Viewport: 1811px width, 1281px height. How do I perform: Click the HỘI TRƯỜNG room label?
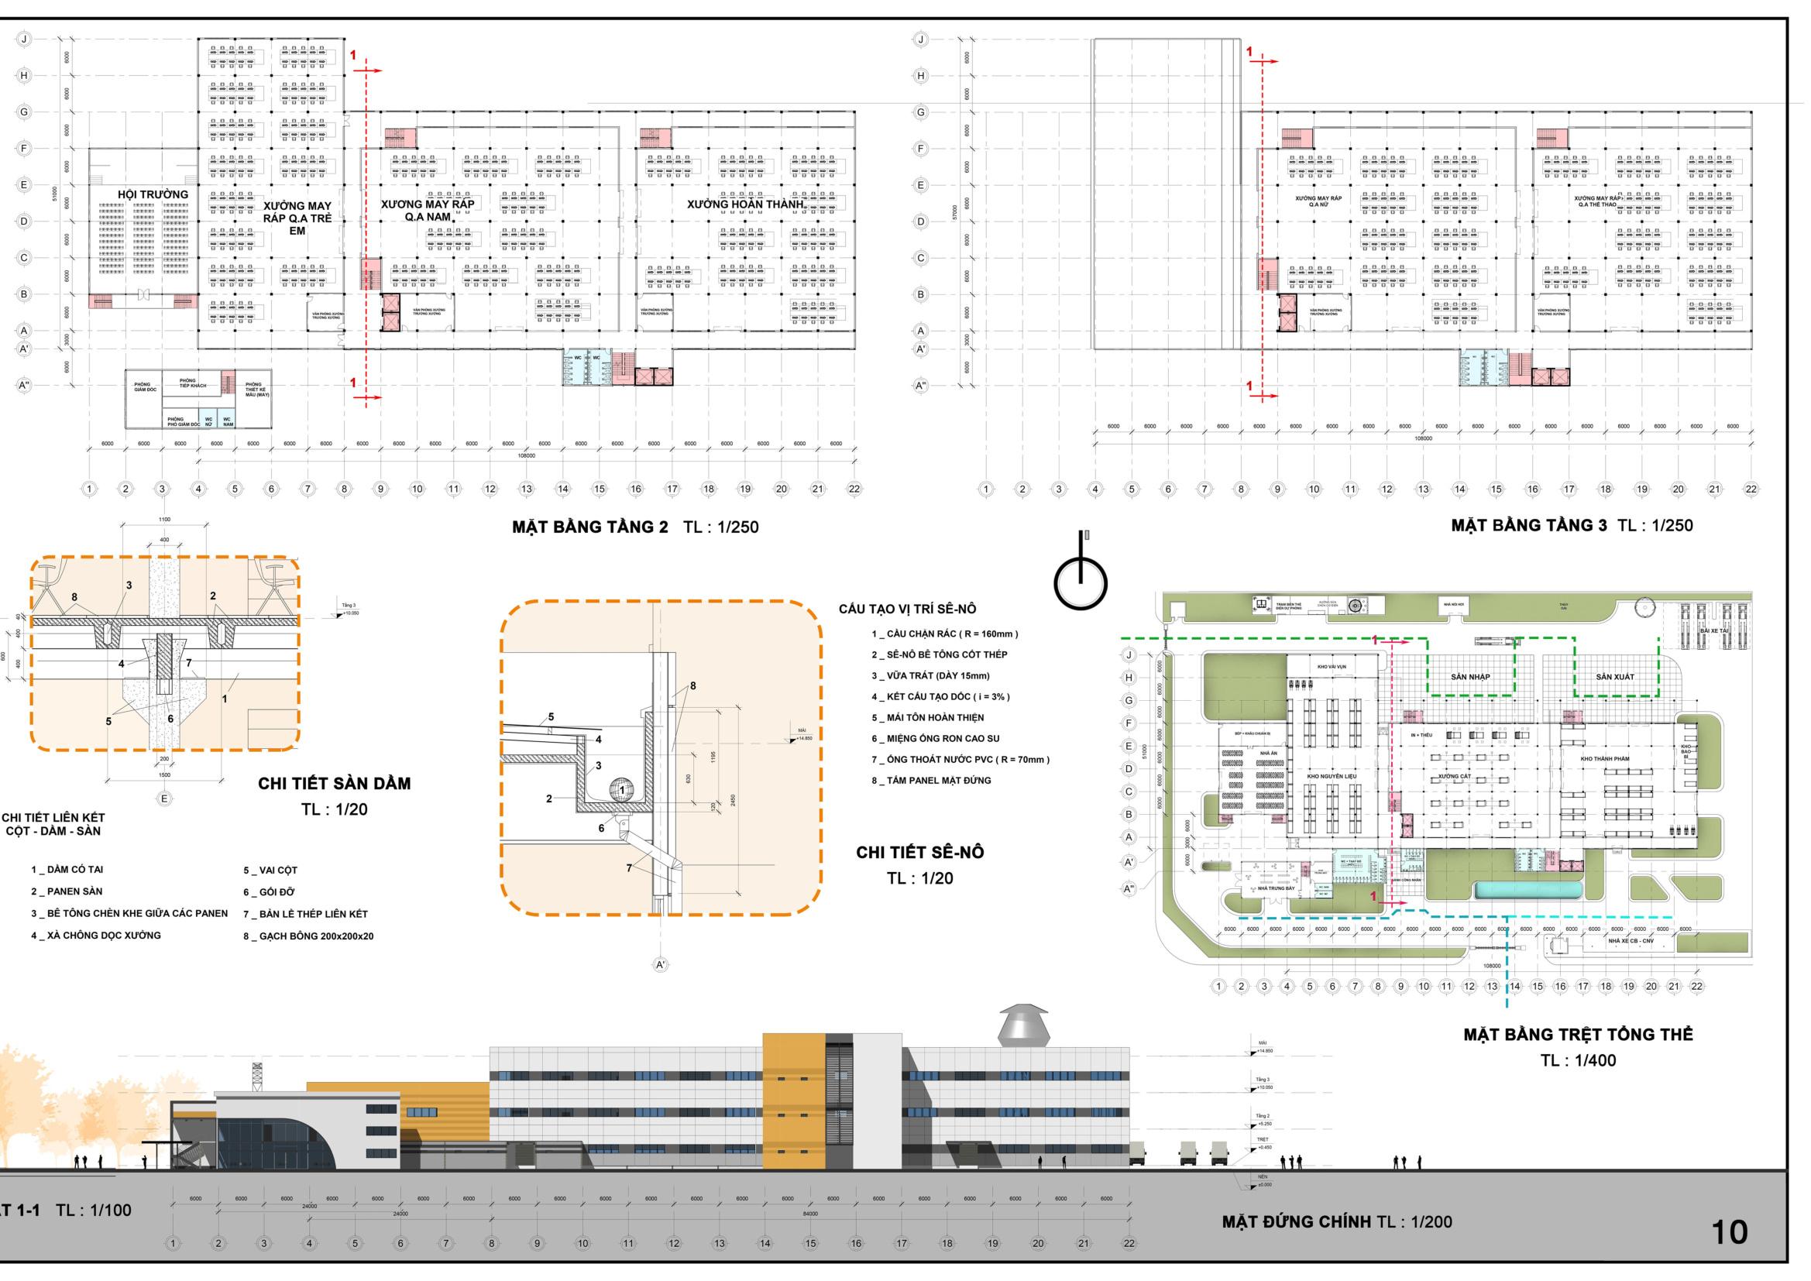(x=153, y=194)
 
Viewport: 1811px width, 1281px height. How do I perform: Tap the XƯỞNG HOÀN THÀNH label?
(x=745, y=204)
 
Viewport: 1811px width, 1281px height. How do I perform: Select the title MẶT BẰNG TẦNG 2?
(x=589, y=526)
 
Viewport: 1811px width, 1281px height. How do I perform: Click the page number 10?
(x=1729, y=1232)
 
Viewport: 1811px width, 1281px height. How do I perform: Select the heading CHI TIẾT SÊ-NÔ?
(x=919, y=852)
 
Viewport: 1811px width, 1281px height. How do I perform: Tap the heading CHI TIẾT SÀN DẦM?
(x=335, y=783)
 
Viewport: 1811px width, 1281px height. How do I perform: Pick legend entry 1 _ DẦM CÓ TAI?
(x=67, y=869)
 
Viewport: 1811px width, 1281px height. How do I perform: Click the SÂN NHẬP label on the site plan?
(x=1470, y=677)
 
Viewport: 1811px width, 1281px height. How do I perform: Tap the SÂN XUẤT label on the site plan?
(x=1614, y=677)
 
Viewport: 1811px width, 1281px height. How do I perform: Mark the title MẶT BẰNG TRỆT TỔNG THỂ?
(x=1578, y=1034)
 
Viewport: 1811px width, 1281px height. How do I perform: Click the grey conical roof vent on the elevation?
(x=1022, y=1026)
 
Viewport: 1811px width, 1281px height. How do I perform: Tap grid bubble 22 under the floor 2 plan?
(x=854, y=489)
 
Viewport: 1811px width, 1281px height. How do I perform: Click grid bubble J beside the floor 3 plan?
(x=920, y=39)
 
